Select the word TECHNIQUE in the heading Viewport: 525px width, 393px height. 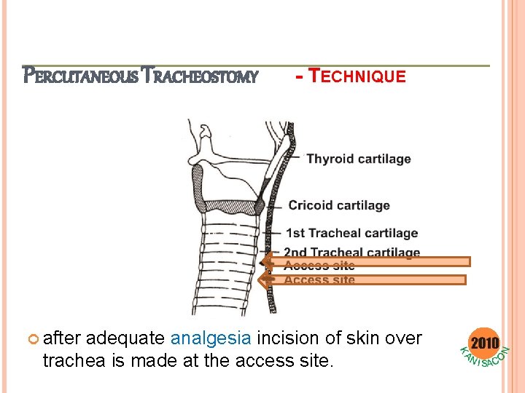pos(358,76)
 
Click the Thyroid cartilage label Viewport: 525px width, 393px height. pos(358,159)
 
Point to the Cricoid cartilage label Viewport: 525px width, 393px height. pos(339,205)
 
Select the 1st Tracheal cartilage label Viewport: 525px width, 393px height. pos(351,233)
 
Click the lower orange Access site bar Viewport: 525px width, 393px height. pos(368,279)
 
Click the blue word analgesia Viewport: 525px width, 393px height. pos(211,338)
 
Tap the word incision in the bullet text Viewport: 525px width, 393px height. pos(291,338)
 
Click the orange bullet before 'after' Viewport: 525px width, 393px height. pos(31,339)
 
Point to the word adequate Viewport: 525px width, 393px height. pos(130,338)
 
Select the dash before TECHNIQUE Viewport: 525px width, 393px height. pos(300,76)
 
